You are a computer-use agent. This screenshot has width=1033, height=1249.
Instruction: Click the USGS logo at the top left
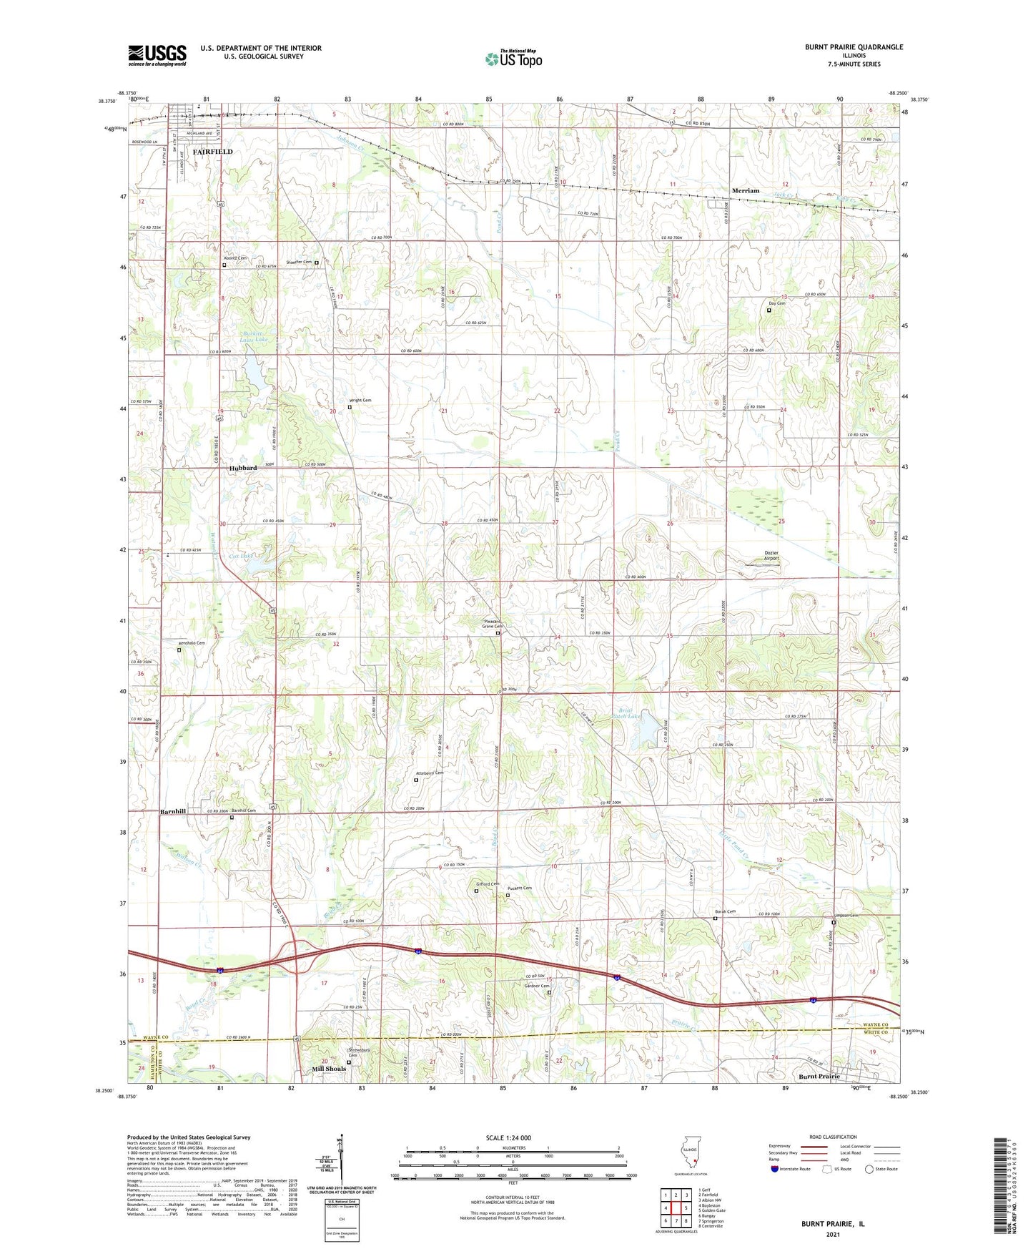(x=157, y=55)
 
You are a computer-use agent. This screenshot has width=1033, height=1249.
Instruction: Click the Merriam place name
(x=746, y=191)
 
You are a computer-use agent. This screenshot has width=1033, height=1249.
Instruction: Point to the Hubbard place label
(x=243, y=468)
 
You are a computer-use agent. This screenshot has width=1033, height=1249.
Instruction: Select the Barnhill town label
(x=173, y=811)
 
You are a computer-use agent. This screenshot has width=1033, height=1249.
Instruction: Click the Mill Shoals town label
(x=329, y=1069)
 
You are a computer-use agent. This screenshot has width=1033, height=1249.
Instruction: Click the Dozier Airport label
(x=771, y=556)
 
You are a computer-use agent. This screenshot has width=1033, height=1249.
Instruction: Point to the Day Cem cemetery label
(x=776, y=303)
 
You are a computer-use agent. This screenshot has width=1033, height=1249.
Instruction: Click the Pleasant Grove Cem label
(x=493, y=624)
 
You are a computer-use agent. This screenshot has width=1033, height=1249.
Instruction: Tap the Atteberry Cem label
(x=429, y=773)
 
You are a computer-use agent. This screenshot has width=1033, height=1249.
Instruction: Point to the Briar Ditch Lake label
(x=628, y=714)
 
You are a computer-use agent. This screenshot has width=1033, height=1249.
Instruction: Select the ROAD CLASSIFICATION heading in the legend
(x=832, y=1137)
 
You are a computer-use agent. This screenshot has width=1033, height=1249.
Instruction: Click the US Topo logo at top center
(x=513, y=59)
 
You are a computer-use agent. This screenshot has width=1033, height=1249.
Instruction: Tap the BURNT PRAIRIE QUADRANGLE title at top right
(x=854, y=47)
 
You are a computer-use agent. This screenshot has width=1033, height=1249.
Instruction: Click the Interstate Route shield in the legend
(x=775, y=1169)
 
